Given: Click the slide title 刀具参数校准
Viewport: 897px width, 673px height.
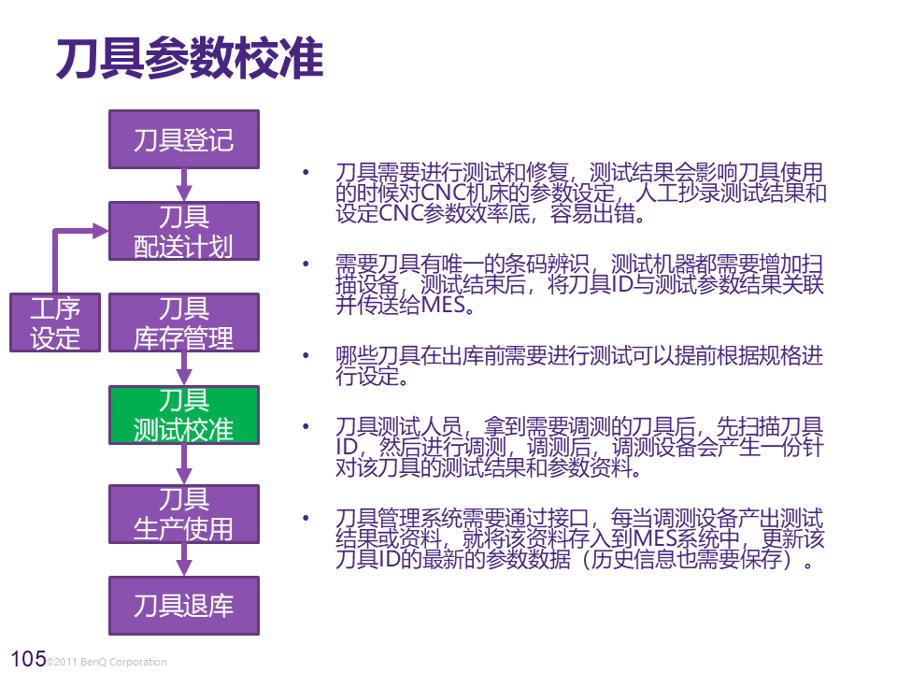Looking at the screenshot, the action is [x=190, y=59].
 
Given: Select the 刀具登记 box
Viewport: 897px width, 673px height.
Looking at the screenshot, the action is [x=184, y=140].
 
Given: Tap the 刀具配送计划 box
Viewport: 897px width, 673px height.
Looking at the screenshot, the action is [x=184, y=231].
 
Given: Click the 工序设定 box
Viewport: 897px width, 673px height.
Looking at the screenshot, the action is [x=55, y=322].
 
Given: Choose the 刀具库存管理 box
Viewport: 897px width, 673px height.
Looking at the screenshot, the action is [x=184, y=322].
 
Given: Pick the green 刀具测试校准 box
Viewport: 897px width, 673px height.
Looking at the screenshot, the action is [x=184, y=414].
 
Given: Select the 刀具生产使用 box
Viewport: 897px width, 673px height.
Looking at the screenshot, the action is [x=184, y=513].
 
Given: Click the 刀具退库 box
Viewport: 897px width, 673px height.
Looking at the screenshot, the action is [x=184, y=605].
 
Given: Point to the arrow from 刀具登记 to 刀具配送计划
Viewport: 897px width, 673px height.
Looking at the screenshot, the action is [x=184, y=185].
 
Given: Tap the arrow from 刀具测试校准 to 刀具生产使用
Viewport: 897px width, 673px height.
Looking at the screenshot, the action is [x=184, y=464].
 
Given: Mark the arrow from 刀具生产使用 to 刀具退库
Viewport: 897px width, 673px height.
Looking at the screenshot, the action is [x=184, y=559].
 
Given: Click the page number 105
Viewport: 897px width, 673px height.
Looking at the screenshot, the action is [x=26, y=659].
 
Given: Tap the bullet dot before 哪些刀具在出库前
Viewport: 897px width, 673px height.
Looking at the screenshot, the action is [x=305, y=356].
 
